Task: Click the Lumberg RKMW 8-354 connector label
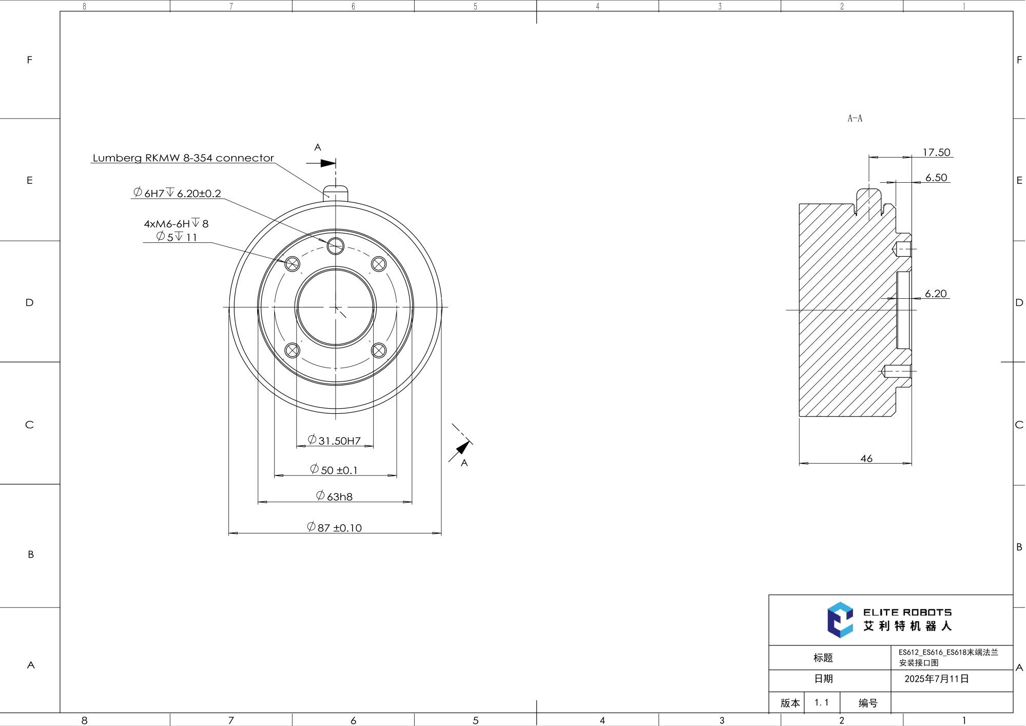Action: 183,158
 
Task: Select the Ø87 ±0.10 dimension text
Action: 334,527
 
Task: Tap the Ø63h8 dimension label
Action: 334,496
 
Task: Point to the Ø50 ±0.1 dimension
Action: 334,469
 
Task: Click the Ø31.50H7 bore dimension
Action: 334,440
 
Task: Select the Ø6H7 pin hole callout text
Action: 177,193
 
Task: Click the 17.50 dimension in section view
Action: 936,152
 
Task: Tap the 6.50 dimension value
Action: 936,177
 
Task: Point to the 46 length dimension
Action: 866,458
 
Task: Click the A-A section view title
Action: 855,118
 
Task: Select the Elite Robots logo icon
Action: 840,620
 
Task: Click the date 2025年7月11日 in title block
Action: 936,679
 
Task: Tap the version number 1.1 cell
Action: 821,702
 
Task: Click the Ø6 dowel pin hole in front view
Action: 336,246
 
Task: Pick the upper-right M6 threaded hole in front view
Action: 379,264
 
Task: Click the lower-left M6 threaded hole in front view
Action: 292,350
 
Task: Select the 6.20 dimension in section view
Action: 936,293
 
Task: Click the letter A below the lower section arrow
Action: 464,463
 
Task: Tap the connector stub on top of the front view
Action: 336,193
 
